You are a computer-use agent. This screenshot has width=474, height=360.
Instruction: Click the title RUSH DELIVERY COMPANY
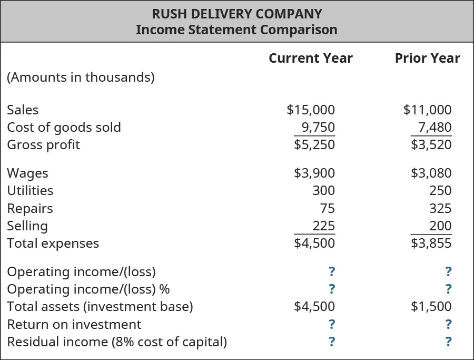tap(236, 13)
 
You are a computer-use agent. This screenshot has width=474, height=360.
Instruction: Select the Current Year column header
tap(310, 58)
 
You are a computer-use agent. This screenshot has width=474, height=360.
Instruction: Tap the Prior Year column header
tap(427, 58)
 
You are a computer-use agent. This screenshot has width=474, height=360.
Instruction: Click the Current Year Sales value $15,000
tap(311, 110)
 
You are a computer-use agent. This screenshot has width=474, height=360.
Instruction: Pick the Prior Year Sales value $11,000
tap(427, 110)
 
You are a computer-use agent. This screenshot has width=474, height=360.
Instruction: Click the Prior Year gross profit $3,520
tap(431, 144)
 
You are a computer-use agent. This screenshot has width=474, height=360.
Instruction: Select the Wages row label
tap(27, 173)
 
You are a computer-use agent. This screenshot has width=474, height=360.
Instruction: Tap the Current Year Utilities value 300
tap(323, 190)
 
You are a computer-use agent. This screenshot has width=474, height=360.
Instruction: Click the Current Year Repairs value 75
tap(327, 208)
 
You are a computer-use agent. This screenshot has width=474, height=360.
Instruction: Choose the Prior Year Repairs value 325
tap(440, 208)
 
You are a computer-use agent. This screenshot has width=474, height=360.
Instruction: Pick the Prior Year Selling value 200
tap(440, 226)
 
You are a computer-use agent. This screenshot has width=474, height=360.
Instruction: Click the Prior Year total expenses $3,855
tap(431, 243)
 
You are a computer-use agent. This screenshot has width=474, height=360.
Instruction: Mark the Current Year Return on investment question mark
tap(332, 324)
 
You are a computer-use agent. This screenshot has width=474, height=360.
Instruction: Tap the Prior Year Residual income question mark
tap(448, 342)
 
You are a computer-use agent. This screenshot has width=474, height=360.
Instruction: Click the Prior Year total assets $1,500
tap(431, 306)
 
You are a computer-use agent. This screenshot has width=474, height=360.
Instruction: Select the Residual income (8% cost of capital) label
tap(117, 342)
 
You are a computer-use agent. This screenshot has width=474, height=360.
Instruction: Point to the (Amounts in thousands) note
tap(81, 77)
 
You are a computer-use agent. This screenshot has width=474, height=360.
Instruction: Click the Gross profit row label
tap(43, 144)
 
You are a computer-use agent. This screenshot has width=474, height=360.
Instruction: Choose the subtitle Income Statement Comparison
tap(236, 30)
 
